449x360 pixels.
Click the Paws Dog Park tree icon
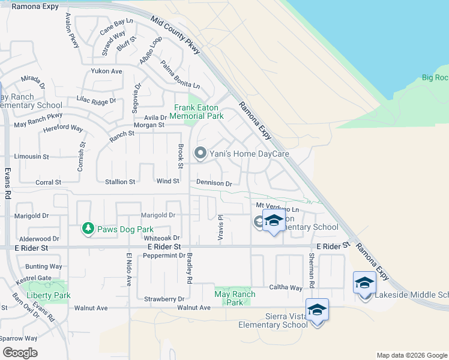[88, 229]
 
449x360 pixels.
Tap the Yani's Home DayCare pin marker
[200, 154]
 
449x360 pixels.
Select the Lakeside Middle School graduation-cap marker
[364, 283]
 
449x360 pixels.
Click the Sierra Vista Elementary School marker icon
[317, 310]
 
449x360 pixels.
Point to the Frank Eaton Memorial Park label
[196, 112]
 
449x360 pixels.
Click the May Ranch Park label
[235, 298]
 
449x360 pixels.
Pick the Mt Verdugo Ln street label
[277, 206]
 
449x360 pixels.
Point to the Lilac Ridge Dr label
[96, 100]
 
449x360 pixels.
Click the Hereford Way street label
[64, 128]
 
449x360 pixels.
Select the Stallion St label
[120, 181]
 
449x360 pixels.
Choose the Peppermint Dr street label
[164, 256]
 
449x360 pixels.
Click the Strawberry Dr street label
[164, 299]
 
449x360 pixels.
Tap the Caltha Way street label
[286, 288]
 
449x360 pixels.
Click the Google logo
[20, 353]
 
